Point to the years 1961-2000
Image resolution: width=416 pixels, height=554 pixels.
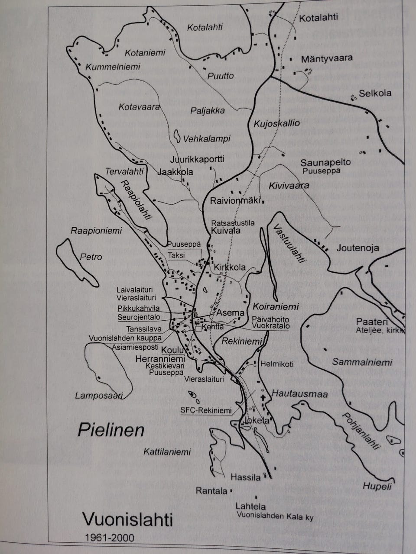110,538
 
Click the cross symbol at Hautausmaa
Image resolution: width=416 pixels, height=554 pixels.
263,397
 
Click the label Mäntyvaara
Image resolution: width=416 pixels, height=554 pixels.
327,58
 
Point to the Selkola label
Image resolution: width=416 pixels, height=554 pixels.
375,93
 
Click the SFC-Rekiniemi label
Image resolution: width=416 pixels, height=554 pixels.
206,410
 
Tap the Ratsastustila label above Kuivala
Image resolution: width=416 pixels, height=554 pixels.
233,223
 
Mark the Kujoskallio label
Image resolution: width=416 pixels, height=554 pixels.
276,123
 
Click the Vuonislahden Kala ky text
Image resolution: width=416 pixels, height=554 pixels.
275,516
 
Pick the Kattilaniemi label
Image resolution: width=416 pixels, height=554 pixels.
167,452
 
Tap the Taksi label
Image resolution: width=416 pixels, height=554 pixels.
176,255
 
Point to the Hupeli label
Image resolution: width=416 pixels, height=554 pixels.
377,486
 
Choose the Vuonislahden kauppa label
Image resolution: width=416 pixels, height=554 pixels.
125,338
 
